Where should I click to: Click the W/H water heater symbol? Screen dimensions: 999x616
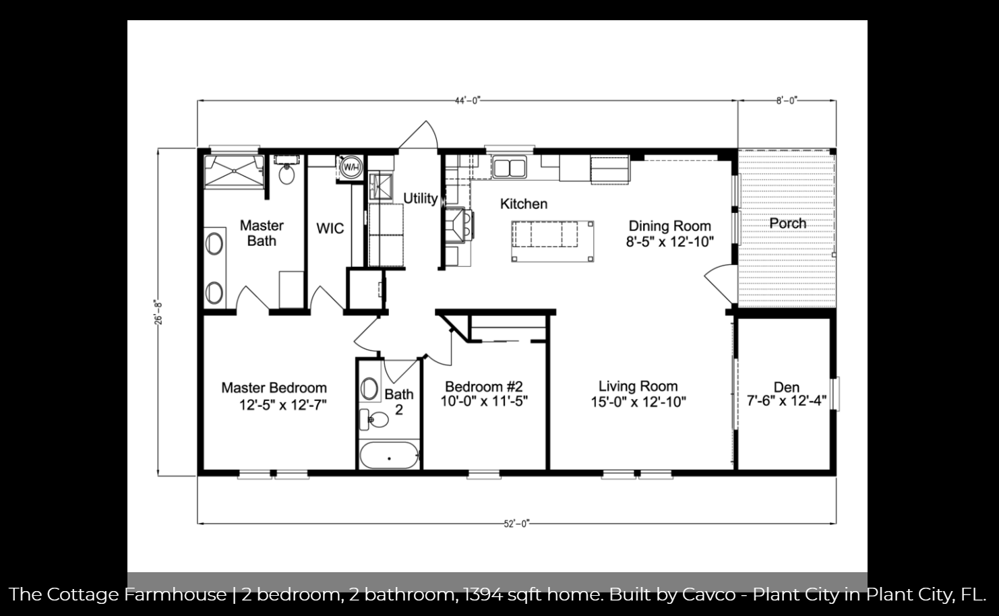(x=351, y=167)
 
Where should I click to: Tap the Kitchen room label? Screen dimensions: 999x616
(x=524, y=204)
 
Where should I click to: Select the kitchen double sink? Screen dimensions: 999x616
(x=510, y=167)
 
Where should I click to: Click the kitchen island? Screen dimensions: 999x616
(x=553, y=241)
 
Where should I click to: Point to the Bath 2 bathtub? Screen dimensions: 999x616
(x=389, y=455)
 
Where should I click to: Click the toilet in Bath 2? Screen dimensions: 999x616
(x=374, y=419)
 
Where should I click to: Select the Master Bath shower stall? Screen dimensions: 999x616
(x=234, y=172)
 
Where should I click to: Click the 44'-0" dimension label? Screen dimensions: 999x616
(x=467, y=101)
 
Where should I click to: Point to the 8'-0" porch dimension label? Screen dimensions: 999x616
(x=786, y=101)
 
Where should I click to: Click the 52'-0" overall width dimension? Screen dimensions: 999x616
(x=516, y=524)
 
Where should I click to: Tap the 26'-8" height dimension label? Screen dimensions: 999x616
(x=158, y=312)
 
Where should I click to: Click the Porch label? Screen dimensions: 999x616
(x=787, y=223)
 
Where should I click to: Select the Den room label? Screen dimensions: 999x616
(x=786, y=387)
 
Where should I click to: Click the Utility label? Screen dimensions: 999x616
(x=420, y=199)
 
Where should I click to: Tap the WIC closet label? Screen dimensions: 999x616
(x=330, y=228)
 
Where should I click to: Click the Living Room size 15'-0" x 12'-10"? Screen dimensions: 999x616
(x=638, y=402)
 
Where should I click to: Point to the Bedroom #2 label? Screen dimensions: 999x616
(x=484, y=386)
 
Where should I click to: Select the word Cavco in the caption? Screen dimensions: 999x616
(x=709, y=594)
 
